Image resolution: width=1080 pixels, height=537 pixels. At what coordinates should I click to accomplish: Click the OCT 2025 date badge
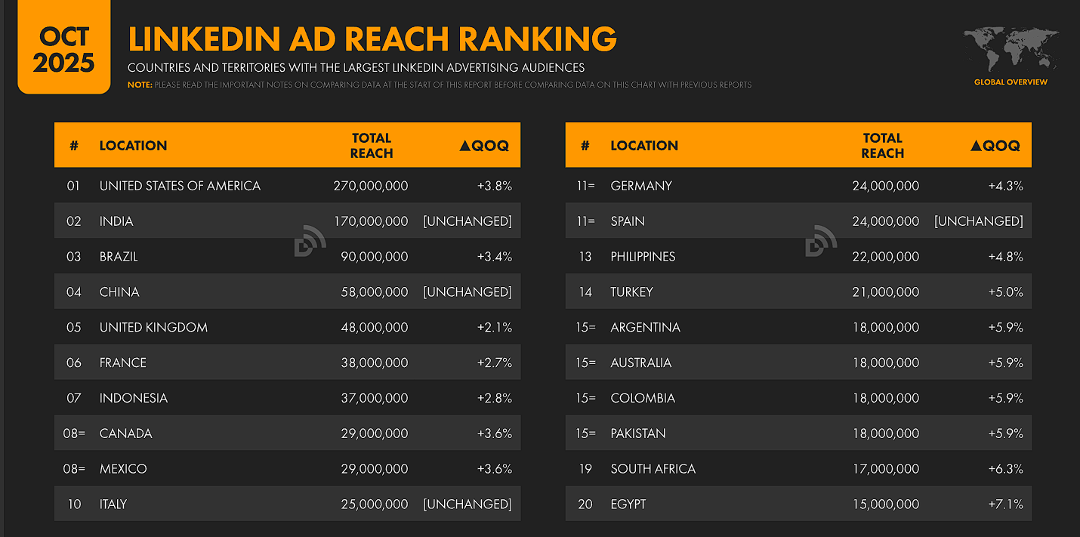coord(64,49)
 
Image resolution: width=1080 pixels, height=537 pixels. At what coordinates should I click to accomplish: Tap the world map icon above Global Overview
coord(1011,49)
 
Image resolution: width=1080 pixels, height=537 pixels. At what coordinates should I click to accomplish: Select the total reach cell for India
coord(370,221)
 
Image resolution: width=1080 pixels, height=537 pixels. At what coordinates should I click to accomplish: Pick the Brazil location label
coord(119,257)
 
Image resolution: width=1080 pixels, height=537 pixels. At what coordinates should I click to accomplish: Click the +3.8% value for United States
coord(494,186)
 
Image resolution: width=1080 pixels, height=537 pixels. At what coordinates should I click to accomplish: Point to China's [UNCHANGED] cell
coord(467,292)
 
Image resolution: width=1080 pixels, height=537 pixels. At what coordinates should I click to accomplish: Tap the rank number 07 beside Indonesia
coord(74,398)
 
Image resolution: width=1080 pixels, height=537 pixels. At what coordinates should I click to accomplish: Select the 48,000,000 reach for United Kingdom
coord(370,328)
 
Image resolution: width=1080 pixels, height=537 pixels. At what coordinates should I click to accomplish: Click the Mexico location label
coord(123,469)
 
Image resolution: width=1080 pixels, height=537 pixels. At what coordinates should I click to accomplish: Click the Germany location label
coord(641,186)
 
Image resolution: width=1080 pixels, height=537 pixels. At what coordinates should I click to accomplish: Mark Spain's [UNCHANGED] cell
coord(979,221)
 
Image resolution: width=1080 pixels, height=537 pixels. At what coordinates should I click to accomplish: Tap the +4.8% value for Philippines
coord(1005,257)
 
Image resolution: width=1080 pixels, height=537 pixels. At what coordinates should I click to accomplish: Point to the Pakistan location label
coord(638,434)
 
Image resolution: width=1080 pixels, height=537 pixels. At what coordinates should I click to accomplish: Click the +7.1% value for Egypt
coord(1005,505)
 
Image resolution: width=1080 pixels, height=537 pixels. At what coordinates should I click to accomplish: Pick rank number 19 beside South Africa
coord(585,469)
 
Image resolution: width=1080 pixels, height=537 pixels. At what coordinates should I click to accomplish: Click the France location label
coord(123,363)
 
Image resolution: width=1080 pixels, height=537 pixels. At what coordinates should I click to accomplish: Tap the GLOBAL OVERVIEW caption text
coord(1011,82)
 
